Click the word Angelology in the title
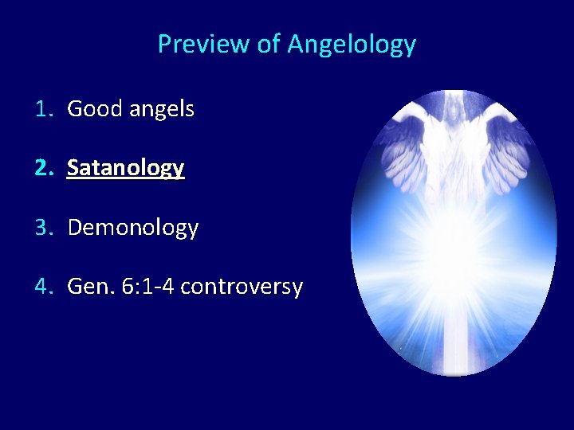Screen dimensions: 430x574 pyautogui.click(x=352, y=45)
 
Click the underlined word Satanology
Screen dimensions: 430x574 pyautogui.click(x=126, y=169)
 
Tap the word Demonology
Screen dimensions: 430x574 pyautogui.click(x=133, y=228)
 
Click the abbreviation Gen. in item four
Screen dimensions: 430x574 pyautogui.click(x=91, y=287)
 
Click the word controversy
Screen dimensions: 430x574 pyautogui.click(x=242, y=287)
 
